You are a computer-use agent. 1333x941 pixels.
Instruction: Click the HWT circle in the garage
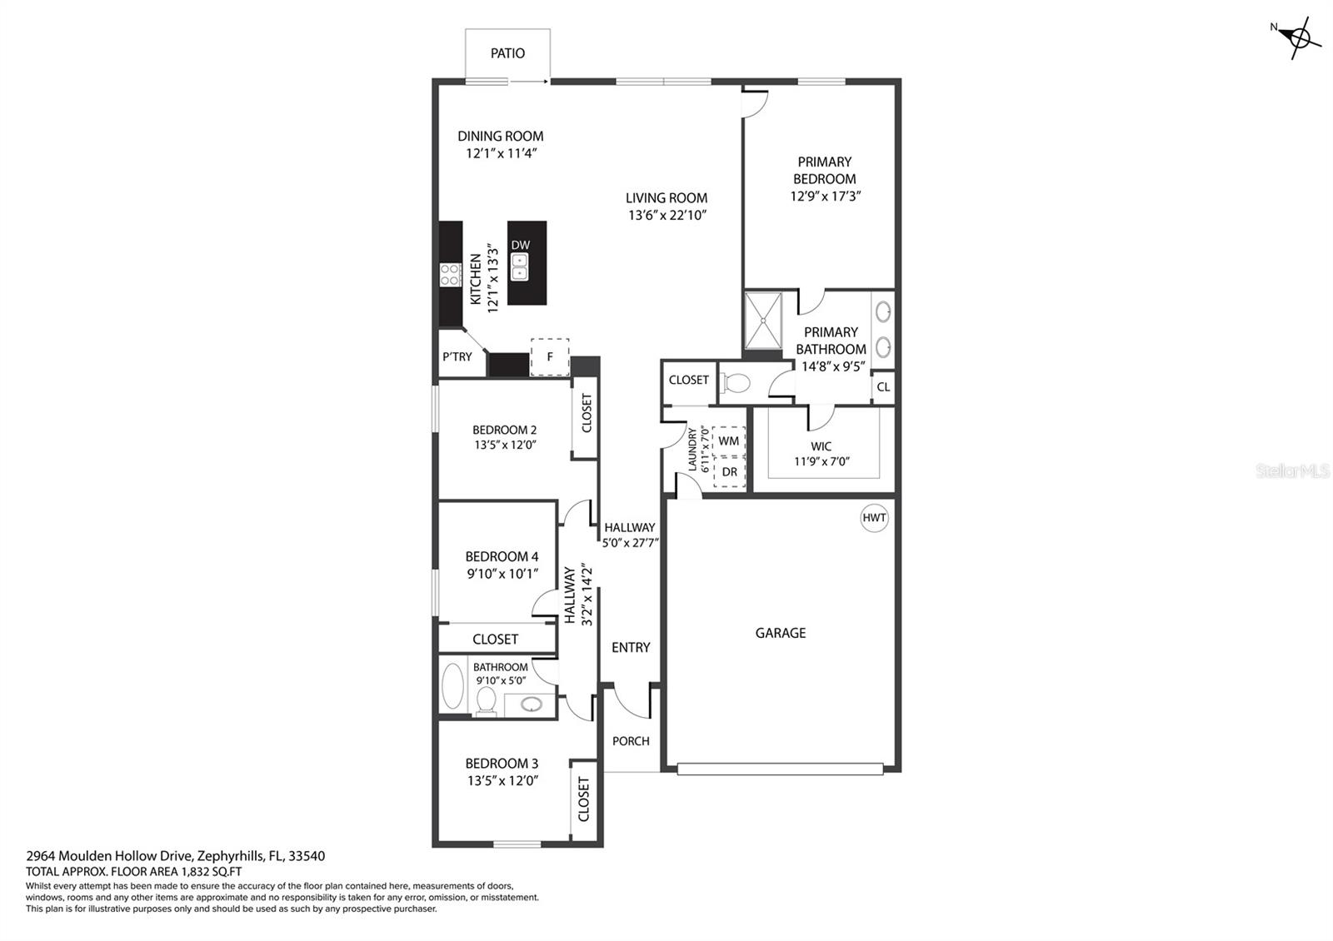(x=874, y=518)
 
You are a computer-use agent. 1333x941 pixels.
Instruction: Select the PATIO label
(x=507, y=53)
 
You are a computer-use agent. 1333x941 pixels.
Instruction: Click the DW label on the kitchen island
(x=520, y=245)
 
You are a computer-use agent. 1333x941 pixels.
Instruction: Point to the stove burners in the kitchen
(x=450, y=275)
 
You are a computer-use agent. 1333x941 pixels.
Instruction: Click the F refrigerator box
(x=550, y=357)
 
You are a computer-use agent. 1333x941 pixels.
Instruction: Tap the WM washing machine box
(x=728, y=441)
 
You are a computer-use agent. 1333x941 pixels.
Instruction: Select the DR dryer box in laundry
(x=730, y=472)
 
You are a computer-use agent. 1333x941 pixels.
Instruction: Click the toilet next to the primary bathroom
(x=735, y=383)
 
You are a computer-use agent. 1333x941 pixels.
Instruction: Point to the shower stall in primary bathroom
(x=762, y=320)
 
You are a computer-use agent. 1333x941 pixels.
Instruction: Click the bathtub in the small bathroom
(x=454, y=685)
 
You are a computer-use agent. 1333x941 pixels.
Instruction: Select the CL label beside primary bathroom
(x=883, y=387)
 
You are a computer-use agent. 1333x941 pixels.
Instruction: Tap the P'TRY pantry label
(x=457, y=356)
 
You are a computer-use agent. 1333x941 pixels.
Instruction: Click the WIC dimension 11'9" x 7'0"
(x=821, y=461)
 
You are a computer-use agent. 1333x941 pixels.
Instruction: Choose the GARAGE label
(x=780, y=633)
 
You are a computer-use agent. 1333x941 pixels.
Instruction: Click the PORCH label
(x=631, y=741)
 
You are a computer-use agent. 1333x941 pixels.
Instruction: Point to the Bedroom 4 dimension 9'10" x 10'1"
(x=502, y=573)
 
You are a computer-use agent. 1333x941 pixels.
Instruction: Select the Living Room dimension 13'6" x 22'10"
(x=666, y=215)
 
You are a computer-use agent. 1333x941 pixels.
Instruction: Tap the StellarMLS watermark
(x=1292, y=471)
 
